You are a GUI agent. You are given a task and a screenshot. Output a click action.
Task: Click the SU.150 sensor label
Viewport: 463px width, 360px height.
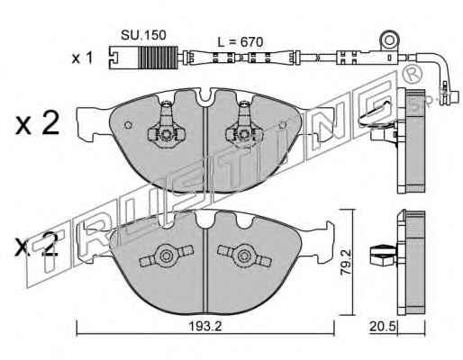(x=143, y=35)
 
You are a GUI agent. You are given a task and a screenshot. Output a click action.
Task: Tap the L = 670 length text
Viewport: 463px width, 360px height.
(x=241, y=42)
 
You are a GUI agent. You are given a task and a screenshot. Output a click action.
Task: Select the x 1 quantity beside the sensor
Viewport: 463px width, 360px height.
(x=82, y=58)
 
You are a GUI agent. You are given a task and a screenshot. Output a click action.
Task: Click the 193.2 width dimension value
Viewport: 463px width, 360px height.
(x=204, y=327)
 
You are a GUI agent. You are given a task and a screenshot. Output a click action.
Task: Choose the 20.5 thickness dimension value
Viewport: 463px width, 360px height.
(x=382, y=327)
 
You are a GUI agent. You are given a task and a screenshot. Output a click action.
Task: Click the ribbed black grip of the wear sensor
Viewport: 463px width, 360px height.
(x=158, y=57)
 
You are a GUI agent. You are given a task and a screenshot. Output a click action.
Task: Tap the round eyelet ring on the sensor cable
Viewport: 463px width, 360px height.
(x=389, y=40)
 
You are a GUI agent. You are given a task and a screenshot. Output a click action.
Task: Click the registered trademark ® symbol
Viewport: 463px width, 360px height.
(x=412, y=74)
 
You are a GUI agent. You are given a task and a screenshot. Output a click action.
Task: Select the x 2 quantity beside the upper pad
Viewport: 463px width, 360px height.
(x=37, y=123)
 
